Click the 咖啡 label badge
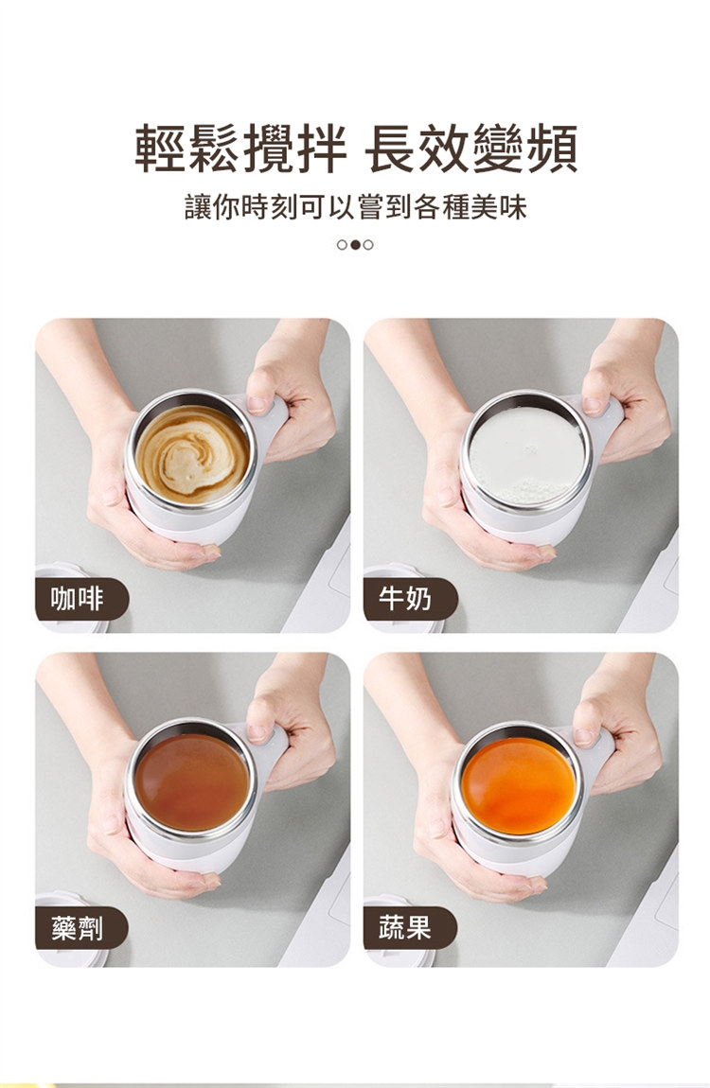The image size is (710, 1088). tap(82, 599)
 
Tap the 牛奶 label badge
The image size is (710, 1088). tap(410, 599)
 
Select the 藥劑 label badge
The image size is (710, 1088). tap(82, 928)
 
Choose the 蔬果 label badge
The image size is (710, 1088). tap(410, 928)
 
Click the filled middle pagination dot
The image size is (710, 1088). tap(355, 245)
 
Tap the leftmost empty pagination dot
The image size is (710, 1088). tap(342, 245)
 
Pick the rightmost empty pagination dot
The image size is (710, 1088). tap(368, 245)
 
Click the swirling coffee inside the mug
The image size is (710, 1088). tap(192, 454)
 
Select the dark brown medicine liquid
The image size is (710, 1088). tap(191, 782)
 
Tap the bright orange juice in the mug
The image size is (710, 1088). tap(519, 785)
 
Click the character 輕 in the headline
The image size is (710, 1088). tap(161, 148)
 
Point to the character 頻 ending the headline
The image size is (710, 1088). tap(551, 148)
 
